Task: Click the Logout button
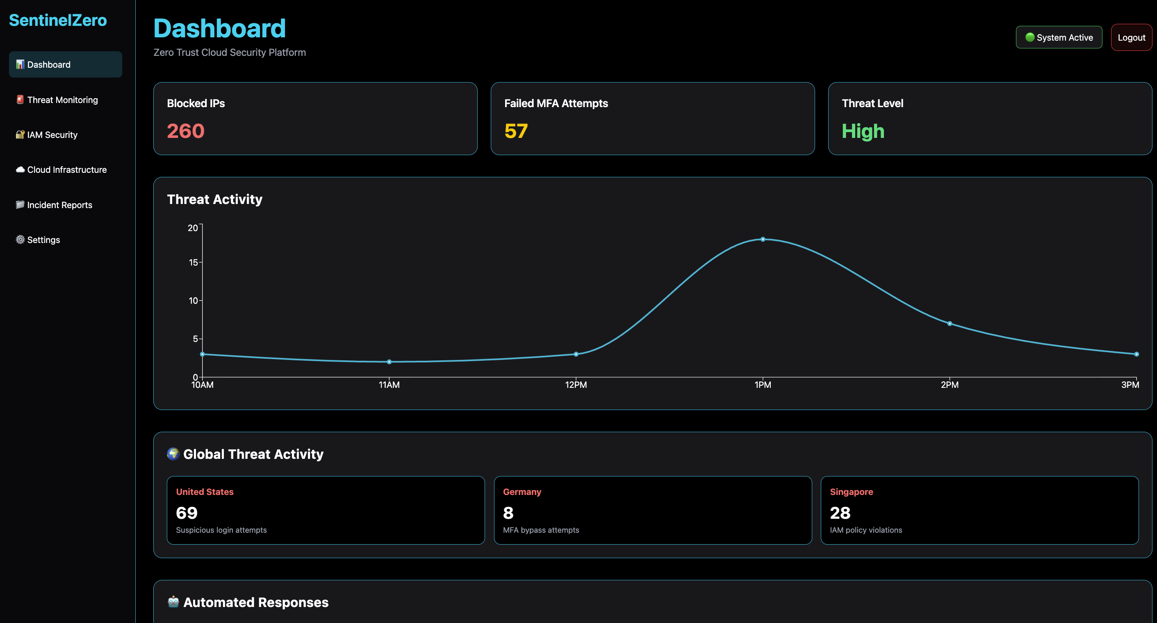coord(1131,37)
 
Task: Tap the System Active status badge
coord(1059,37)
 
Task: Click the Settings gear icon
coord(20,240)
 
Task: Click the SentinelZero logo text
coord(58,20)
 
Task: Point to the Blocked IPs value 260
coord(185,131)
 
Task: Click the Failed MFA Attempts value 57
coord(516,131)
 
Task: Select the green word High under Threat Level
coord(863,131)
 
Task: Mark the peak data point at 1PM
coord(763,239)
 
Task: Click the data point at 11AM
coord(389,362)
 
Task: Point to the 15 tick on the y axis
coord(193,262)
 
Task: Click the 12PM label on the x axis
coord(576,385)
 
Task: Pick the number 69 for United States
coord(187,513)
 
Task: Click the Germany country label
coord(522,492)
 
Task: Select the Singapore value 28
coord(840,513)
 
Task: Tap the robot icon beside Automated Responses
coord(173,602)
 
